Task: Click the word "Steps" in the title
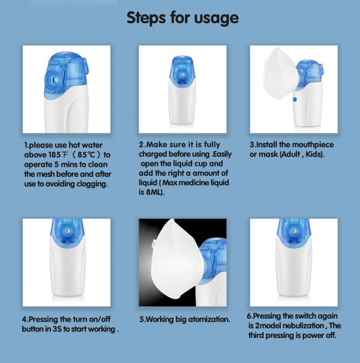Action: pyautogui.click(x=146, y=18)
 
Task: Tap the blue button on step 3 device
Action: pyautogui.click(x=295, y=99)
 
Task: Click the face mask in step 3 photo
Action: pyautogui.click(x=281, y=73)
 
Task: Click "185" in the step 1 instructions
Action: pyautogui.click(x=54, y=155)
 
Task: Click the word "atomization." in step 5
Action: pyautogui.click(x=209, y=319)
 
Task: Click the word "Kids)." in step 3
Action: pyautogui.click(x=315, y=154)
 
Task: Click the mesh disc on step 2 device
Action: pyautogui.click(x=182, y=75)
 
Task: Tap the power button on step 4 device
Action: pyautogui.click(x=67, y=260)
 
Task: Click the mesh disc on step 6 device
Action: pyautogui.click(x=294, y=231)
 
